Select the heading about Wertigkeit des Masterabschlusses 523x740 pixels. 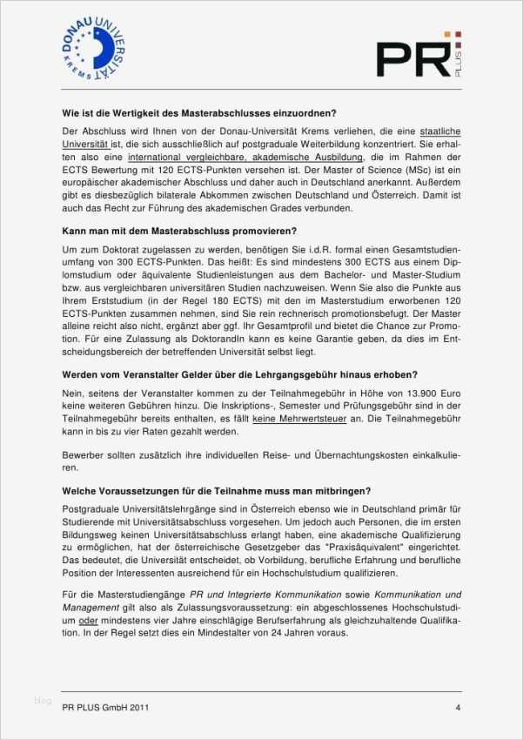click(x=199, y=112)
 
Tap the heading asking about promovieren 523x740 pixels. click(x=179, y=231)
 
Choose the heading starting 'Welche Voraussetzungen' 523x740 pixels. click(x=217, y=490)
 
